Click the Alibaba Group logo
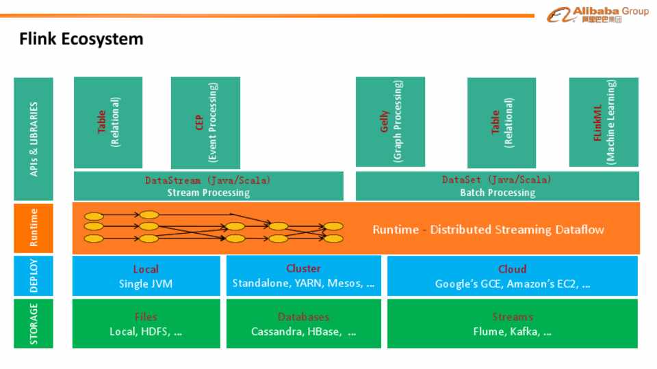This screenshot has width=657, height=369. pos(597,14)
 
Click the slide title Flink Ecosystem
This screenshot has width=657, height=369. pos(81,39)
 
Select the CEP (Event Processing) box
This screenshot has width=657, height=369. pos(205,122)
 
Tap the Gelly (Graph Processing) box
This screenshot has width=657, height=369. pos(390,122)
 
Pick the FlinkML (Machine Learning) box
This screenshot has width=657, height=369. pos(604,122)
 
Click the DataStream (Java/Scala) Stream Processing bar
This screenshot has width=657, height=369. pos(208,186)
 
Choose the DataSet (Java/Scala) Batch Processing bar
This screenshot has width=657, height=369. pos(497,186)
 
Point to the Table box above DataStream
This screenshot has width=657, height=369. pos(108,122)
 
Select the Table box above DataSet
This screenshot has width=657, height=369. pos(501,122)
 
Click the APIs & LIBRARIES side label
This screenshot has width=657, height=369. pos(33,139)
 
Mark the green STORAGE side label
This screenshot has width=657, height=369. pos(33,324)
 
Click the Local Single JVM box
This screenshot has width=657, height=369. pos(146,276)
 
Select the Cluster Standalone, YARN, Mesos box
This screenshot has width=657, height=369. pos(303,276)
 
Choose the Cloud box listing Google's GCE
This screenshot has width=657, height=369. pos(512,276)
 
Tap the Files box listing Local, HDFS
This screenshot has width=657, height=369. pos(146,324)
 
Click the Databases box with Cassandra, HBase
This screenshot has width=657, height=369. pos(303,324)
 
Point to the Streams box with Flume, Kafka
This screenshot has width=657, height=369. pos(512,324)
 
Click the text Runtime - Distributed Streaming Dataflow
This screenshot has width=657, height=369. pos(488,230)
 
